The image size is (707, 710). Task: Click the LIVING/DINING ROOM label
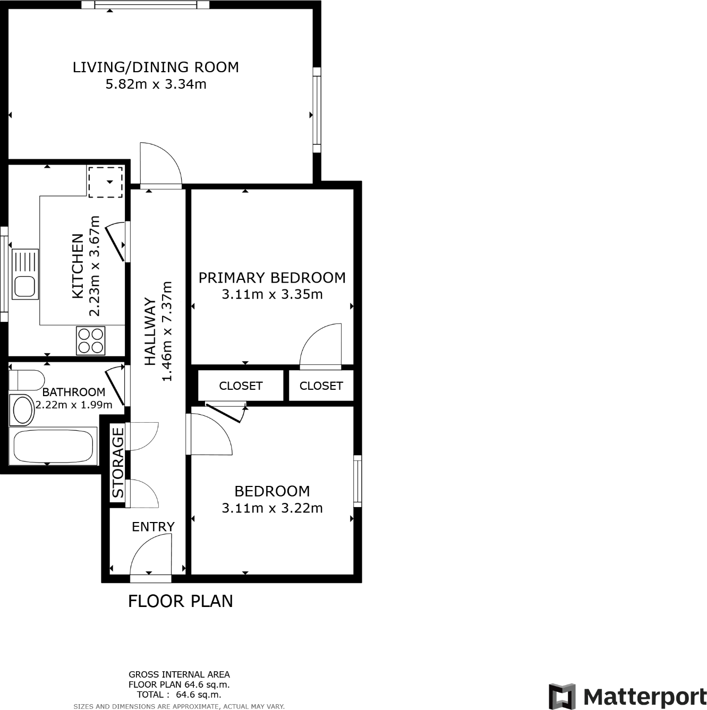[x=156, y=67]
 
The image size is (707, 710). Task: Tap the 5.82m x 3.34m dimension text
[x=156, y=84]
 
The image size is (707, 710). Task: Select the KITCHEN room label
[x=78, y=266]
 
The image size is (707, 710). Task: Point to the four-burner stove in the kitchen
[x=91, y=341]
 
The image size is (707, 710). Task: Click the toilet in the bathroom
[x=26, y=380]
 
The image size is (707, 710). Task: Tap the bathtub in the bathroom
[x=53, y=447]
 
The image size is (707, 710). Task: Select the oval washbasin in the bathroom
[x=23, y=410]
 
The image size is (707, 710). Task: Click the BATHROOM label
[x=73, y=392]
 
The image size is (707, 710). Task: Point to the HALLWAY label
[x=151, y=332]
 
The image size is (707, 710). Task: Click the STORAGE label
[x=118, y=463]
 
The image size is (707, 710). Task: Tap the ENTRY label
[x=153, y=527]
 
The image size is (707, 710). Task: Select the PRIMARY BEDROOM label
[x=272, y=278]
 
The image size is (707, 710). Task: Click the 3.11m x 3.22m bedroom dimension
[x=272, y=508]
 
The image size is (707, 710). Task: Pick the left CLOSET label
[x=241, y=386]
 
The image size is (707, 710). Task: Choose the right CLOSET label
[x=321, y=386]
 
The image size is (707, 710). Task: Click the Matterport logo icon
[x=561, y=696]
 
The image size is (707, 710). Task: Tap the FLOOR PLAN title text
[x=181, y=601]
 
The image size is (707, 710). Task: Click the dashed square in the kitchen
[x=105, y=182]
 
